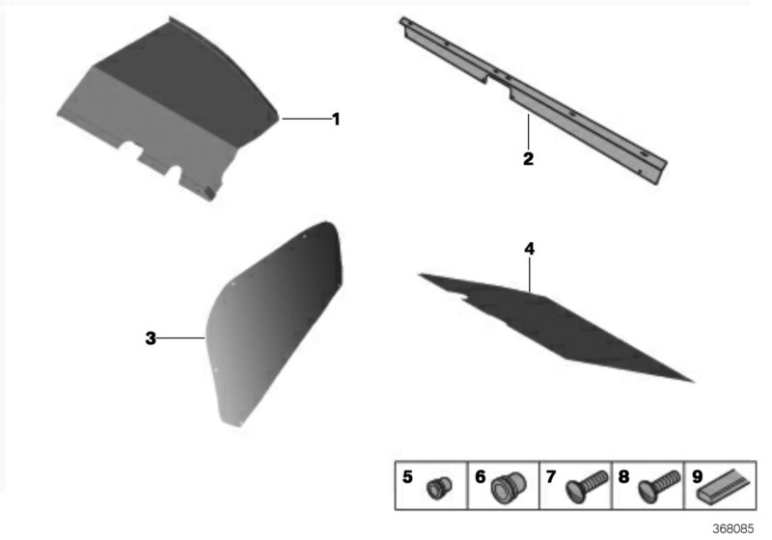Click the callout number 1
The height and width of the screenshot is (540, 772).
336,119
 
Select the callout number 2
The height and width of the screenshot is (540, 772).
528,158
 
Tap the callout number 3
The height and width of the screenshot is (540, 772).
151,338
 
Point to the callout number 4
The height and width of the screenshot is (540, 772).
529,249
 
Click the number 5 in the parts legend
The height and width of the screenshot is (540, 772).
407,476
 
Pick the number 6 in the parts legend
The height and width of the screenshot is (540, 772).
480,476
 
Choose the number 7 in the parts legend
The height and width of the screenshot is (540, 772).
551,476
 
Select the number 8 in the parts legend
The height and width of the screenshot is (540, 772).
623,476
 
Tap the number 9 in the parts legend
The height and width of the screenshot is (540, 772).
697,476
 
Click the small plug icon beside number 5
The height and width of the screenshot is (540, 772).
439,488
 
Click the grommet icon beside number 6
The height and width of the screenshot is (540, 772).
509,487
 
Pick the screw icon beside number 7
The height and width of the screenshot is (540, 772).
587,486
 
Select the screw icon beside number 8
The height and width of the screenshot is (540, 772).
660,486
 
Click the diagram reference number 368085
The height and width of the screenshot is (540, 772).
733,528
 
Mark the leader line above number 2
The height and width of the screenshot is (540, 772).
528,131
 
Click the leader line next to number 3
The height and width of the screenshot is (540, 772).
180,338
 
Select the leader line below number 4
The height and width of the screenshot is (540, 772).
529,275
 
